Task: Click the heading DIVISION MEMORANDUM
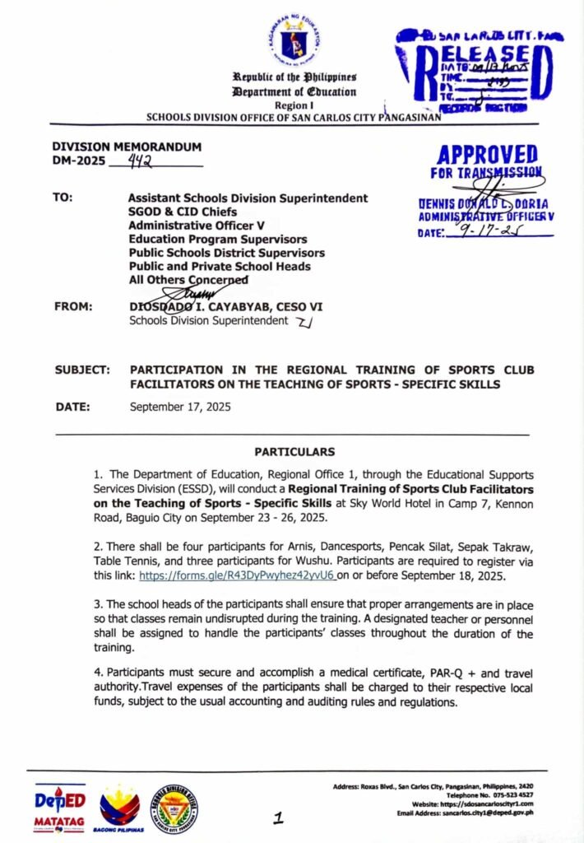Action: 126,147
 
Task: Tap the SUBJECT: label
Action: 82,370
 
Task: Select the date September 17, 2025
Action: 180,407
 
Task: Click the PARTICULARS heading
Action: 294,452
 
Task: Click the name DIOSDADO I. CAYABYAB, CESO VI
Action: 226,306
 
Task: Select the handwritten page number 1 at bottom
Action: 280,817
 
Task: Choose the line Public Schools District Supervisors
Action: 226,253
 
